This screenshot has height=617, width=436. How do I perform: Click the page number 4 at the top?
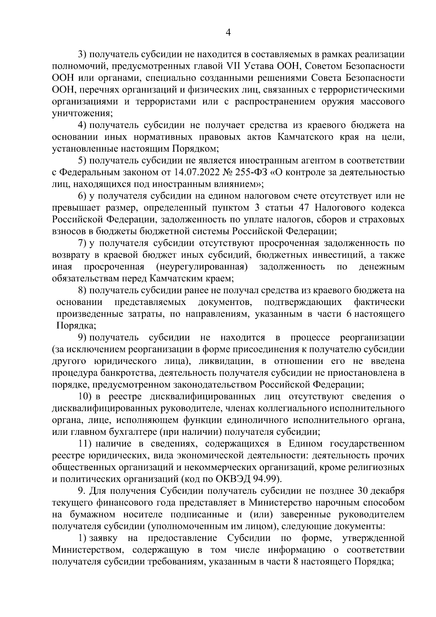(228, 33)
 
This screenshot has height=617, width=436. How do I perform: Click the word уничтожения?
(81, 113)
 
